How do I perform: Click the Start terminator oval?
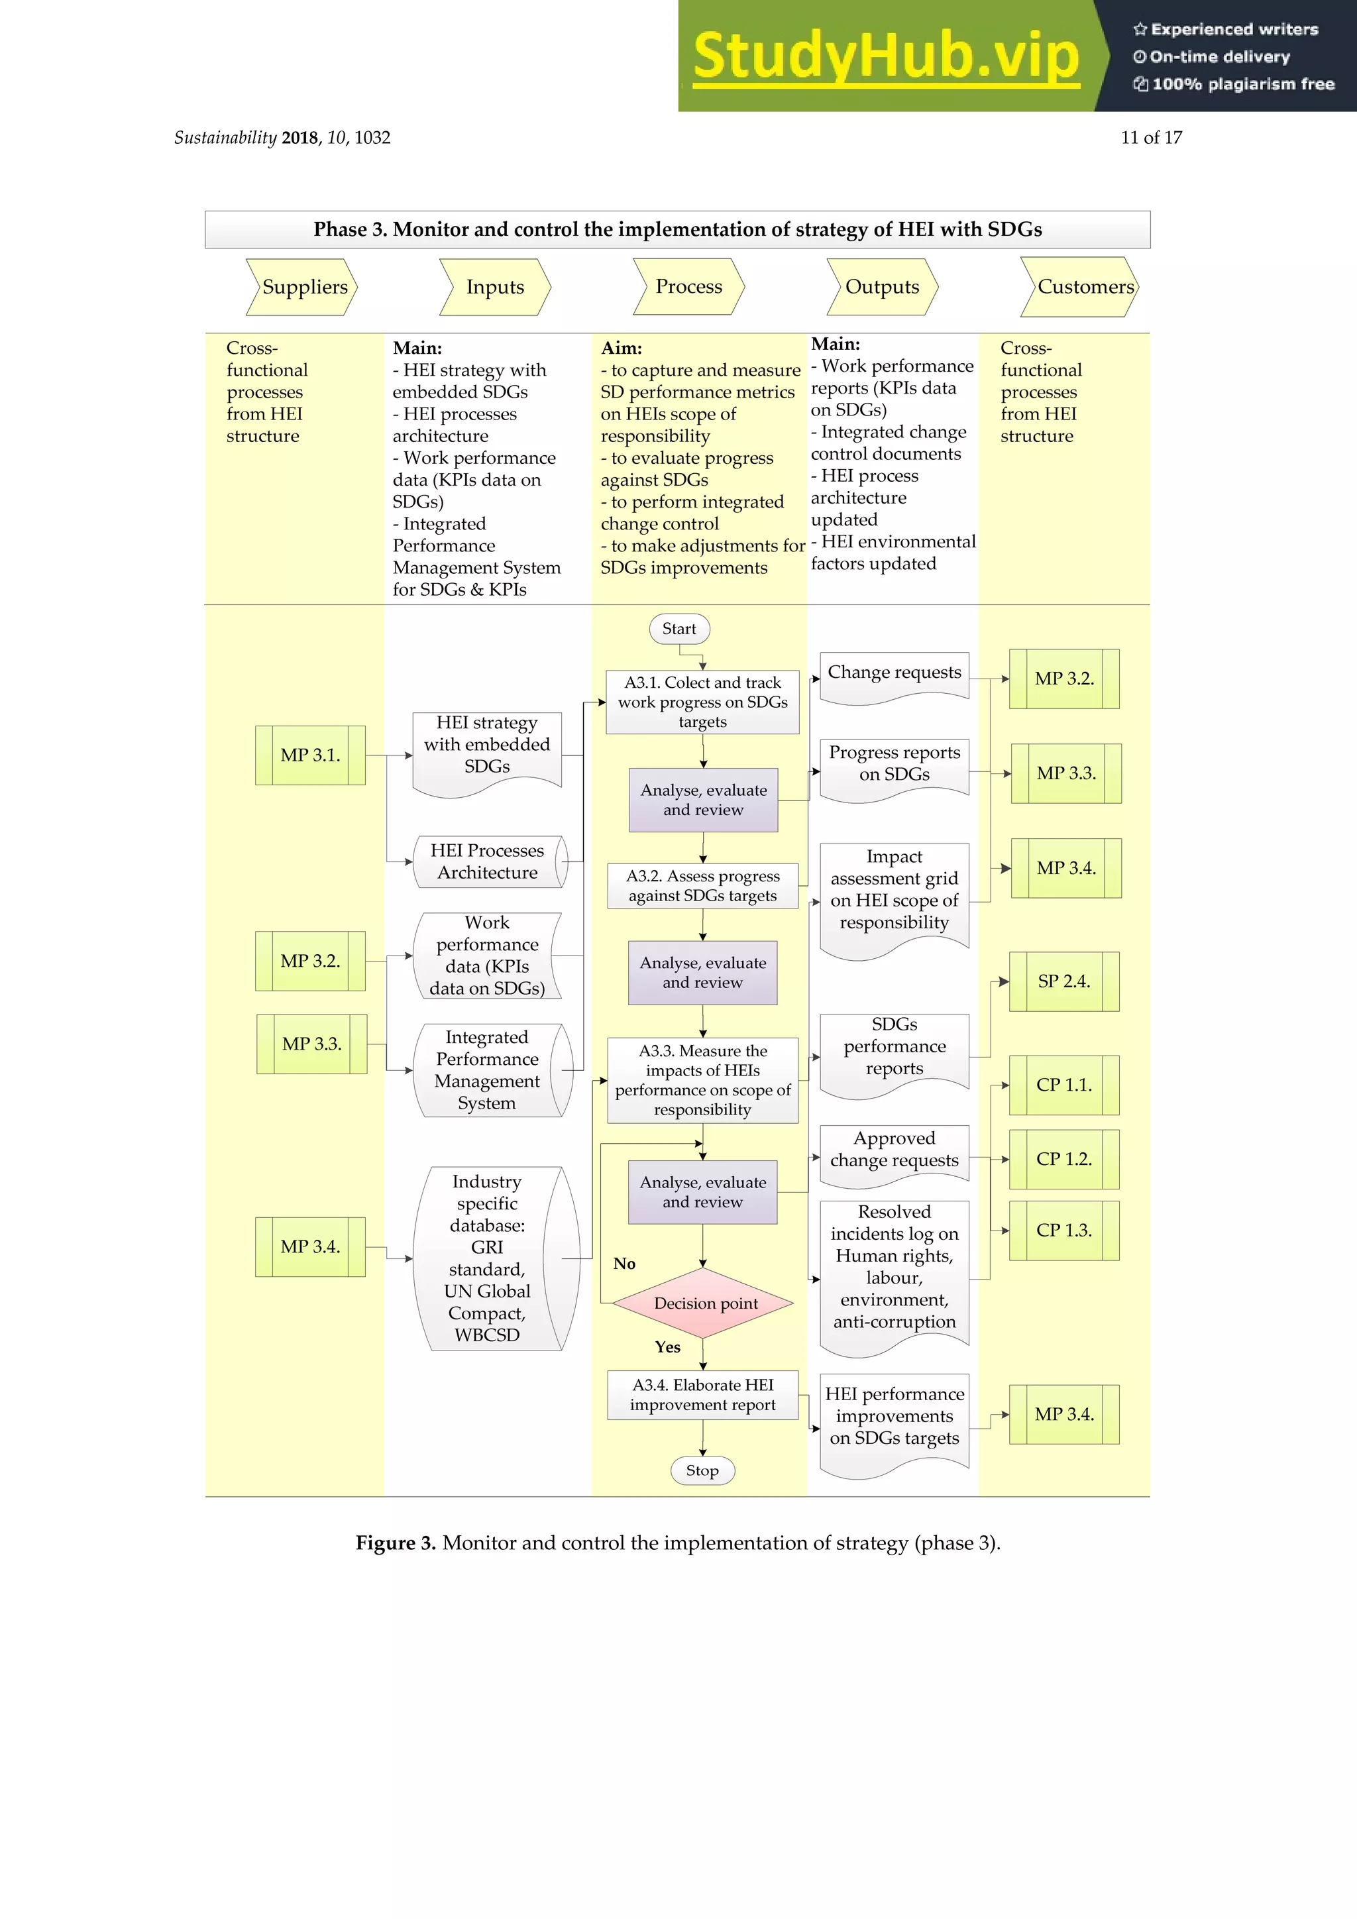(x=679, y=629)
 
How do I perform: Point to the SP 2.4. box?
(x=1063, y=981)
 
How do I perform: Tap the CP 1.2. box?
(x=1063, y=1159)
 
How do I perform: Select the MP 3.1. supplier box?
(x=310, y=755)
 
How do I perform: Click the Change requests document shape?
(x=894, y=675)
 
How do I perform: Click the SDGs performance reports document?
(x=894, y=1050)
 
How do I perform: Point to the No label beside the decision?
(x=624, y=1264)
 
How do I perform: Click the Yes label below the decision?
(x=668, y=1346)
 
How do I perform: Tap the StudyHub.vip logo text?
(x=887, y=56)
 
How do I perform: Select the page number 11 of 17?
(x=1151, y=138)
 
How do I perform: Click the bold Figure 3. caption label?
(x=395, y=1543)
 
